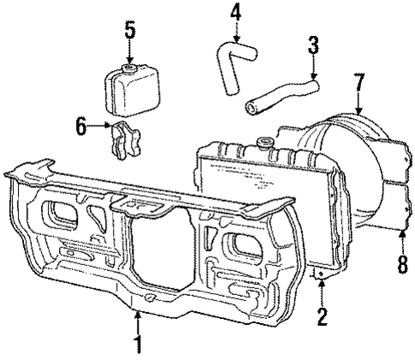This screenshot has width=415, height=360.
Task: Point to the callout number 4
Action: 235,15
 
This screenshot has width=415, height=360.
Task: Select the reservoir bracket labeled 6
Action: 125,140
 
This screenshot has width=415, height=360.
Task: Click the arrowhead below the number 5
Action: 129,56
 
